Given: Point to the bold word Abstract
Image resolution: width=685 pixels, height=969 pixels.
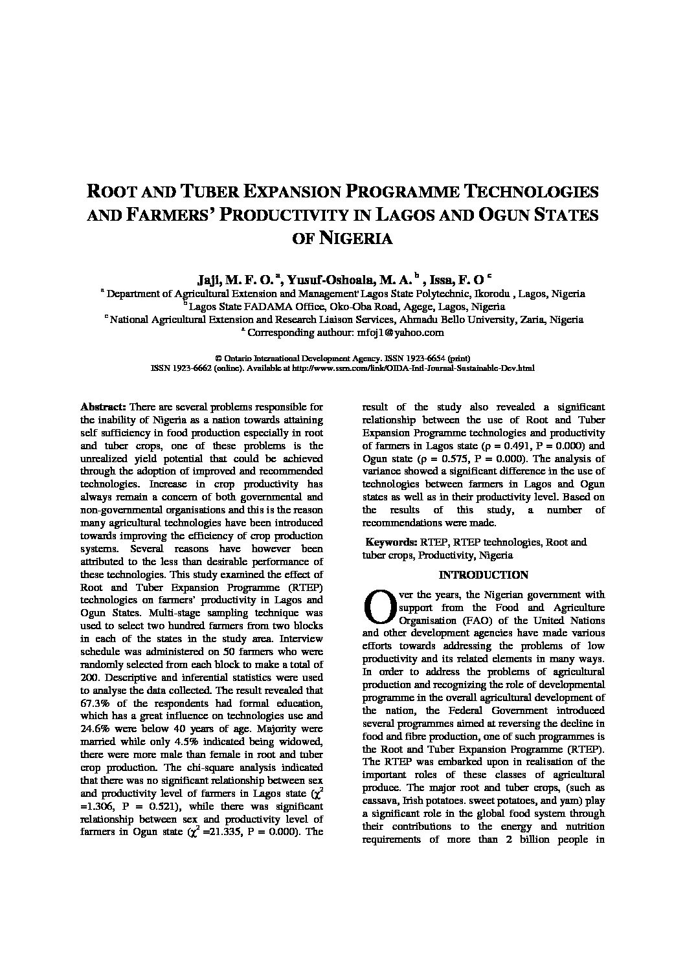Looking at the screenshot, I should pyautogui.click(x=103, y=407).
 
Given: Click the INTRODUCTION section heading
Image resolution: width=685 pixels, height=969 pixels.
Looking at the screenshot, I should pyautogui.click(x=483, y=575).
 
